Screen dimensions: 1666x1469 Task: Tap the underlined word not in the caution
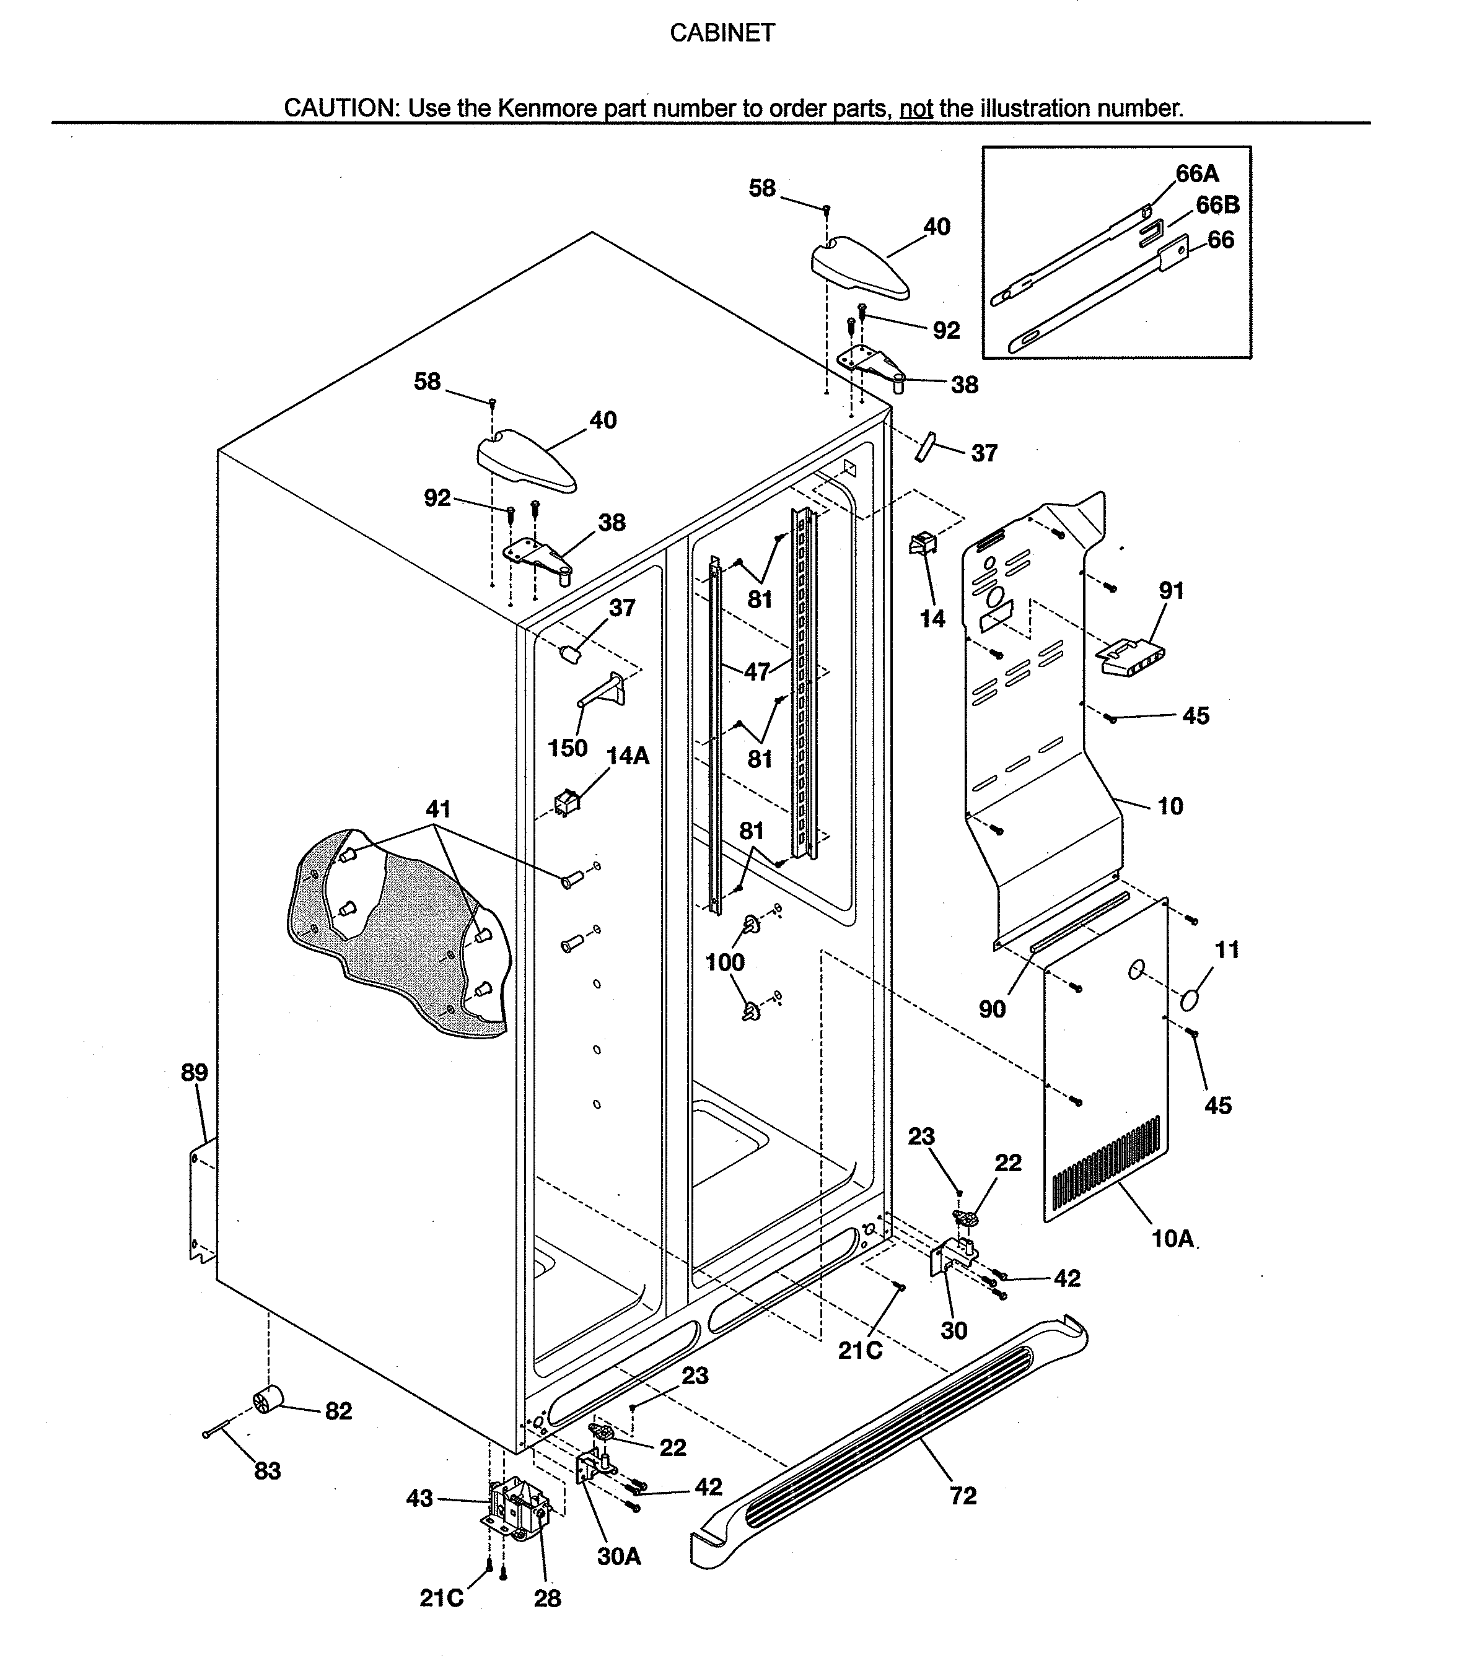(x=916, y=108)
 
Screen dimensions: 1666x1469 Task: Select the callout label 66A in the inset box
(x=1197, y=173)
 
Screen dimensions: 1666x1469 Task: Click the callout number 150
(x=568, y=748)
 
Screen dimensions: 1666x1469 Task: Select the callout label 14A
(x=628, y=756)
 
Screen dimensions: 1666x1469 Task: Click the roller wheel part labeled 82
(x=268, y=1400)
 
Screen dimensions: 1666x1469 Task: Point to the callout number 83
(x=268, y=1471)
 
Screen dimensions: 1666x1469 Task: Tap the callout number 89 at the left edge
(x=194, y=1073)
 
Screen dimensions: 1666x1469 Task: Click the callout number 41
(x=438, y=809)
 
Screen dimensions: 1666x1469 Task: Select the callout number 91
(x=1172, y=591)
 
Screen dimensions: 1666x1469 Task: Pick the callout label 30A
(x=619, y=1557)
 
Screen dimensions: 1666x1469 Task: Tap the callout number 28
(x=547, y=1599)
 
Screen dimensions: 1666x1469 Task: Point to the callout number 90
(x=992, y=1009)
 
